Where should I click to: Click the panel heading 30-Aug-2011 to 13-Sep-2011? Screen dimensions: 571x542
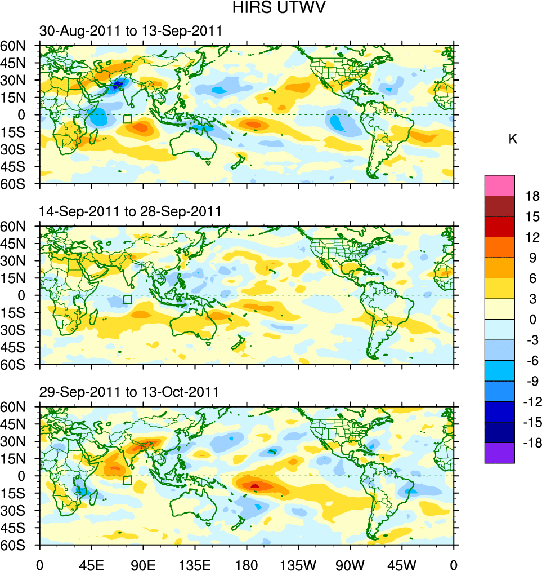coord(130,31)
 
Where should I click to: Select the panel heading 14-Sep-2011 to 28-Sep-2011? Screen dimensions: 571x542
coord(130,211)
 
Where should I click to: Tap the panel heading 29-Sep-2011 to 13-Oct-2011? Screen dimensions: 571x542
coord(129,392)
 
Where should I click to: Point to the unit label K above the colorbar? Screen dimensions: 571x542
coord(513,139)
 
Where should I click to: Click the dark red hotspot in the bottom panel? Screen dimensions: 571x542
coord(254,485)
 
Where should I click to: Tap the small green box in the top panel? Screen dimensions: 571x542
coord(128,119)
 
